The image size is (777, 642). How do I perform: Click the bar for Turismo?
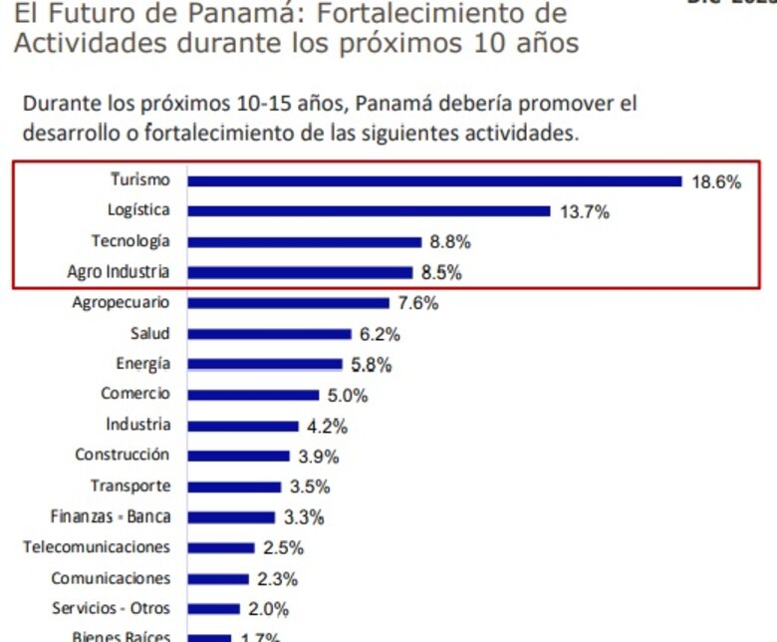coord(434,181)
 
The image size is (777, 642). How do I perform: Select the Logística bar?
coord(369,211)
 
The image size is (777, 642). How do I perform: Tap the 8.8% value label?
coord(450,242)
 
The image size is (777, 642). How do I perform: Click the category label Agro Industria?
coord(119,271)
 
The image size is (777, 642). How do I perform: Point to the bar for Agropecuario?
coord(288,303)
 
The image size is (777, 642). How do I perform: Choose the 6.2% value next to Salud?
coord(380,334)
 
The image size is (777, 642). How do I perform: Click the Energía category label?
coord(142,364)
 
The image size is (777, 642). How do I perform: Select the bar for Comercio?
coord(253,395)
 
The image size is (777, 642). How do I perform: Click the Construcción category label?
coord(122,455)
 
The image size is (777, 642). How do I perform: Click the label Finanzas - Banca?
coord(110,516)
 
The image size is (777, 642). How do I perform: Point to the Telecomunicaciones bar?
coord(221,548)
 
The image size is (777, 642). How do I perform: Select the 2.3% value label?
coord(277,579)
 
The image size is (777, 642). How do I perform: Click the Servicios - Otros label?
coord(111,608)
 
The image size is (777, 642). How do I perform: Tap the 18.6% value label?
coord(715,182)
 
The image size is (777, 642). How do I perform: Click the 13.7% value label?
coord(584,212)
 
